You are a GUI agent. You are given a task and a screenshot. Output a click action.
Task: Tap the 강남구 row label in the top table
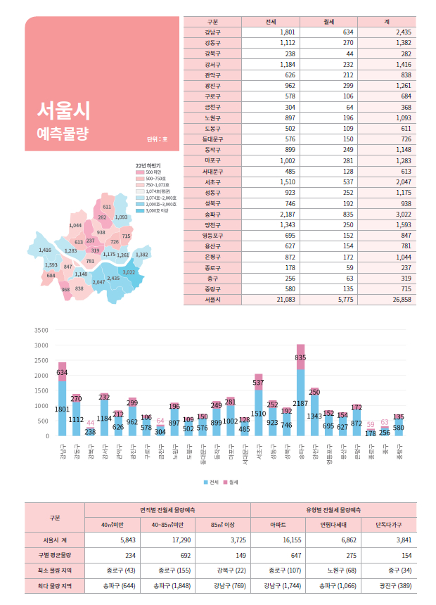tap(212, 32)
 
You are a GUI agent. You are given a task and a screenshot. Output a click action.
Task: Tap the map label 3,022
tap(129, 272)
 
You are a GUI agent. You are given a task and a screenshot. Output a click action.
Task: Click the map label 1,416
tap(44, 250)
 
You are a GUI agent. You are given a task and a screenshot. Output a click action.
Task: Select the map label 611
tap(107, 207)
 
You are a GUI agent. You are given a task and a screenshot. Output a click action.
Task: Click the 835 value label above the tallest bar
tap(300, 357)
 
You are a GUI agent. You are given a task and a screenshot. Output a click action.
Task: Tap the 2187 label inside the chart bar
tap(300, 404)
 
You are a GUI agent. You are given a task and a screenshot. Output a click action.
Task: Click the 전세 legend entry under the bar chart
tap(212, 483)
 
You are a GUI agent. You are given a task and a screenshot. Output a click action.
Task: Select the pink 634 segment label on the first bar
tap(62, 371)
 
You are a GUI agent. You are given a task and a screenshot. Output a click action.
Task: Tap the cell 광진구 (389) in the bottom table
tap(389, 585)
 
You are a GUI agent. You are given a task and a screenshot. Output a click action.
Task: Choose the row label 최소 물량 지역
tap(54, 570)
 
